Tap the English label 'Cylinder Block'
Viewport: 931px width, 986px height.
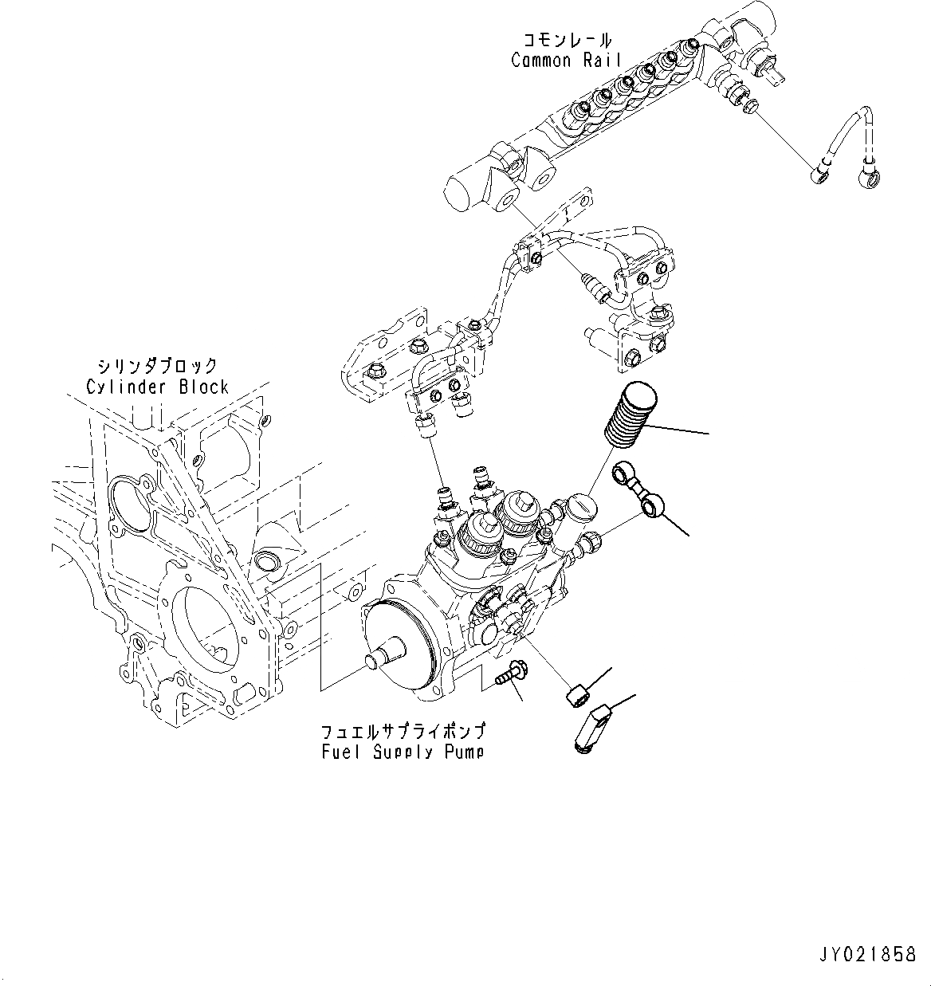pyautogui.click(x=157, y=387)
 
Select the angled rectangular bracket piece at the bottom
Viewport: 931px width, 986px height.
pyautogui.click(x=591, y=725)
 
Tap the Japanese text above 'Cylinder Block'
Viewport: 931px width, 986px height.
pyautogui.click(x=157, y=367)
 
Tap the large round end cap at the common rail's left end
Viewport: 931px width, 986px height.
pyautogui.click(x=467, y=192)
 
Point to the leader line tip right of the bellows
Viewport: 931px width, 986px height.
pyautogui.click(x=708, y=434)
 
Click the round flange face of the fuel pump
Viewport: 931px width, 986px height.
pyautogui.click(x=399, y=646)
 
